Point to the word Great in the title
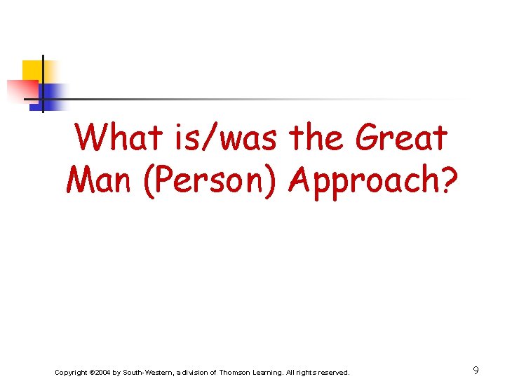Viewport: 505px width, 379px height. click(x=401, y=138)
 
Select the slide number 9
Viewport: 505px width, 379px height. click(x=476, y=370)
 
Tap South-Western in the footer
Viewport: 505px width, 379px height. click(x=150, y=372)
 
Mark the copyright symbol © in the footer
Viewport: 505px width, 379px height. click(x=92, y=372)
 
